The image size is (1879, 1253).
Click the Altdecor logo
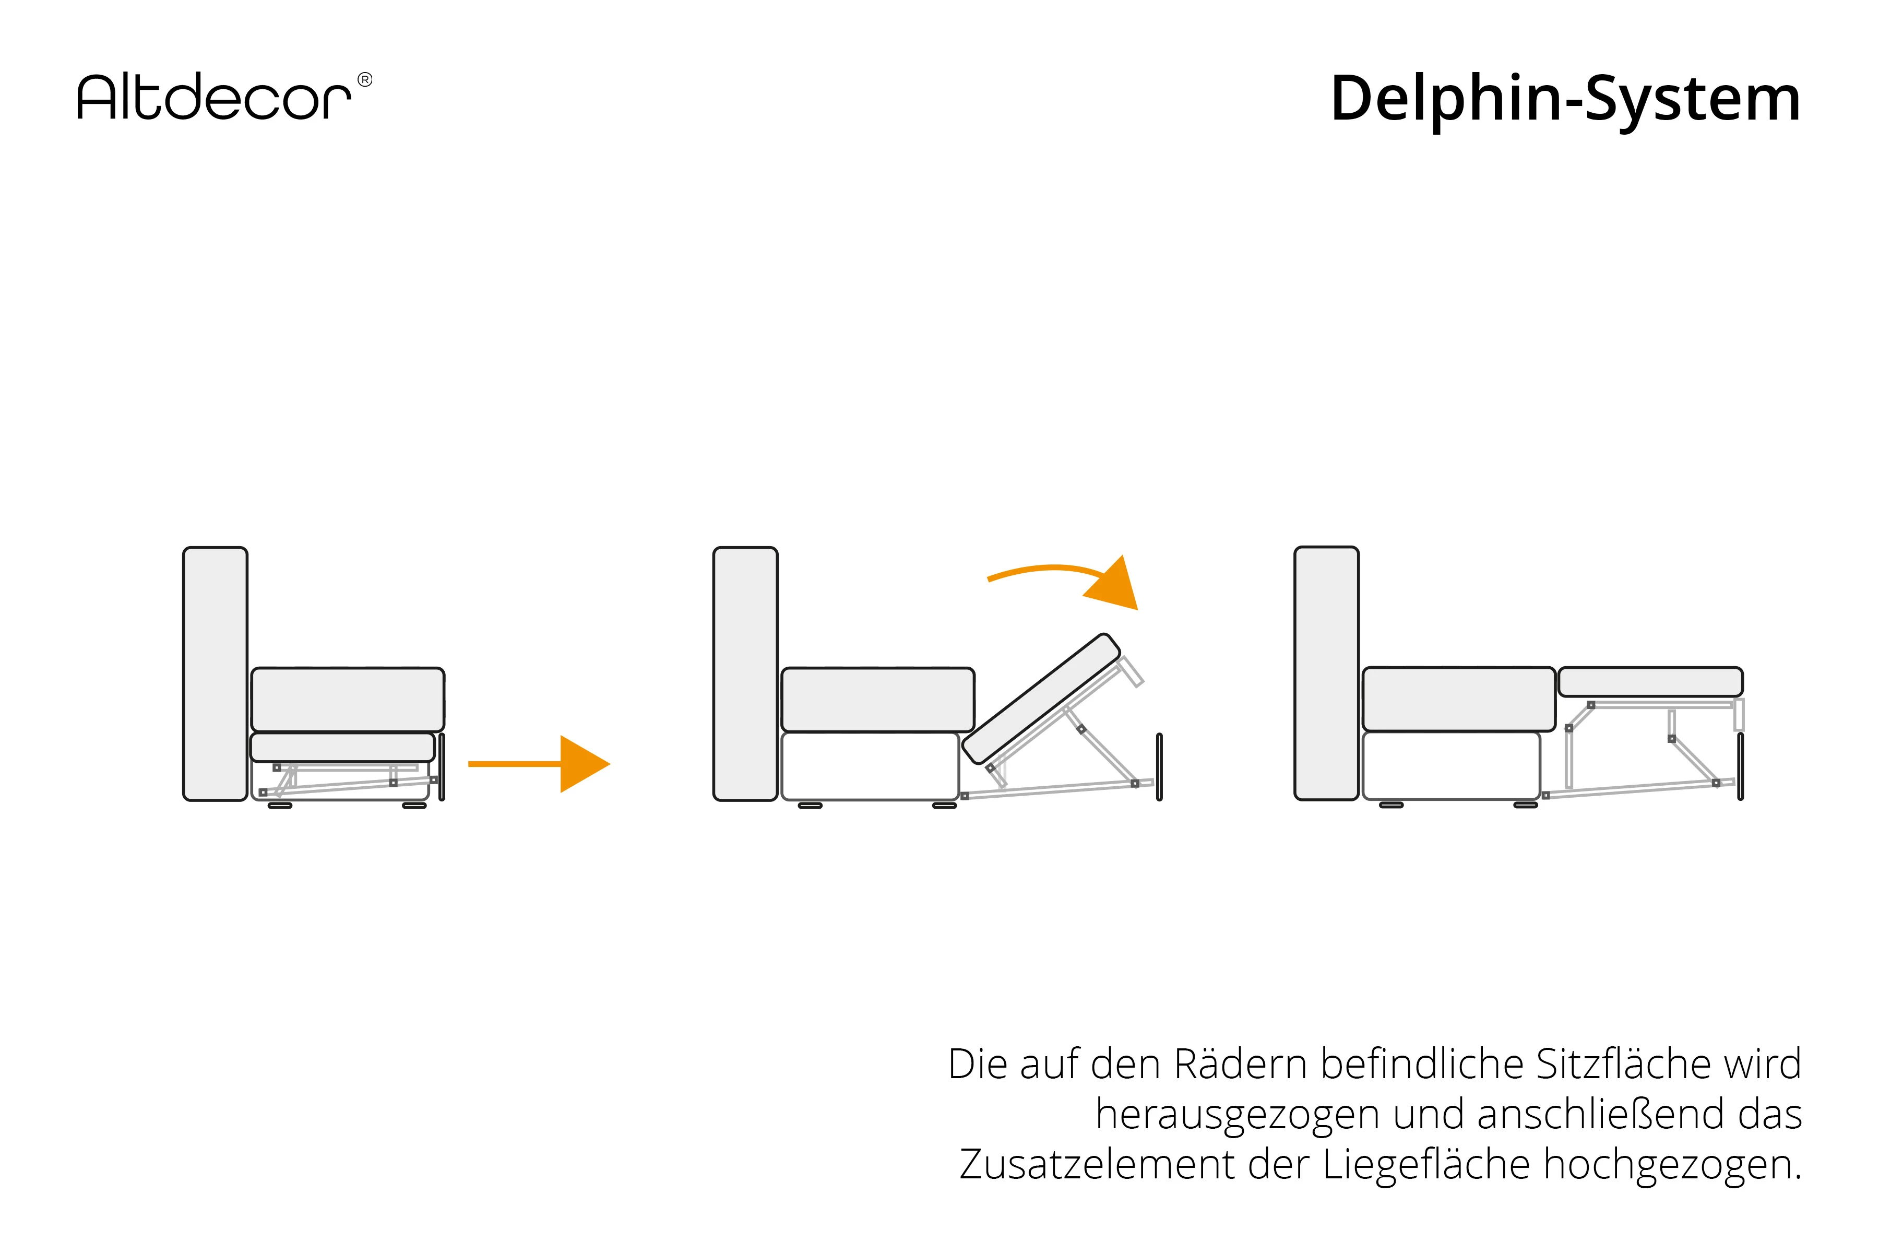tap(214, 98)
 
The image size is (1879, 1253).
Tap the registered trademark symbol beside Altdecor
tap(364, 79)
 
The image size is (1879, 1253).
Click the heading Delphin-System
tap(1565, 99)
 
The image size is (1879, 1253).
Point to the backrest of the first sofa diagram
tap(215, 673)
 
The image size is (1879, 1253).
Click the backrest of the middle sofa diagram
tap(745, 673)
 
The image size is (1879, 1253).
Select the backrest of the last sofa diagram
tap(1326, 673)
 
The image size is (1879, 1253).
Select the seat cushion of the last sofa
tap(1458, 699)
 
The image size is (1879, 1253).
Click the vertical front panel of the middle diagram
tap(1159, 765)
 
